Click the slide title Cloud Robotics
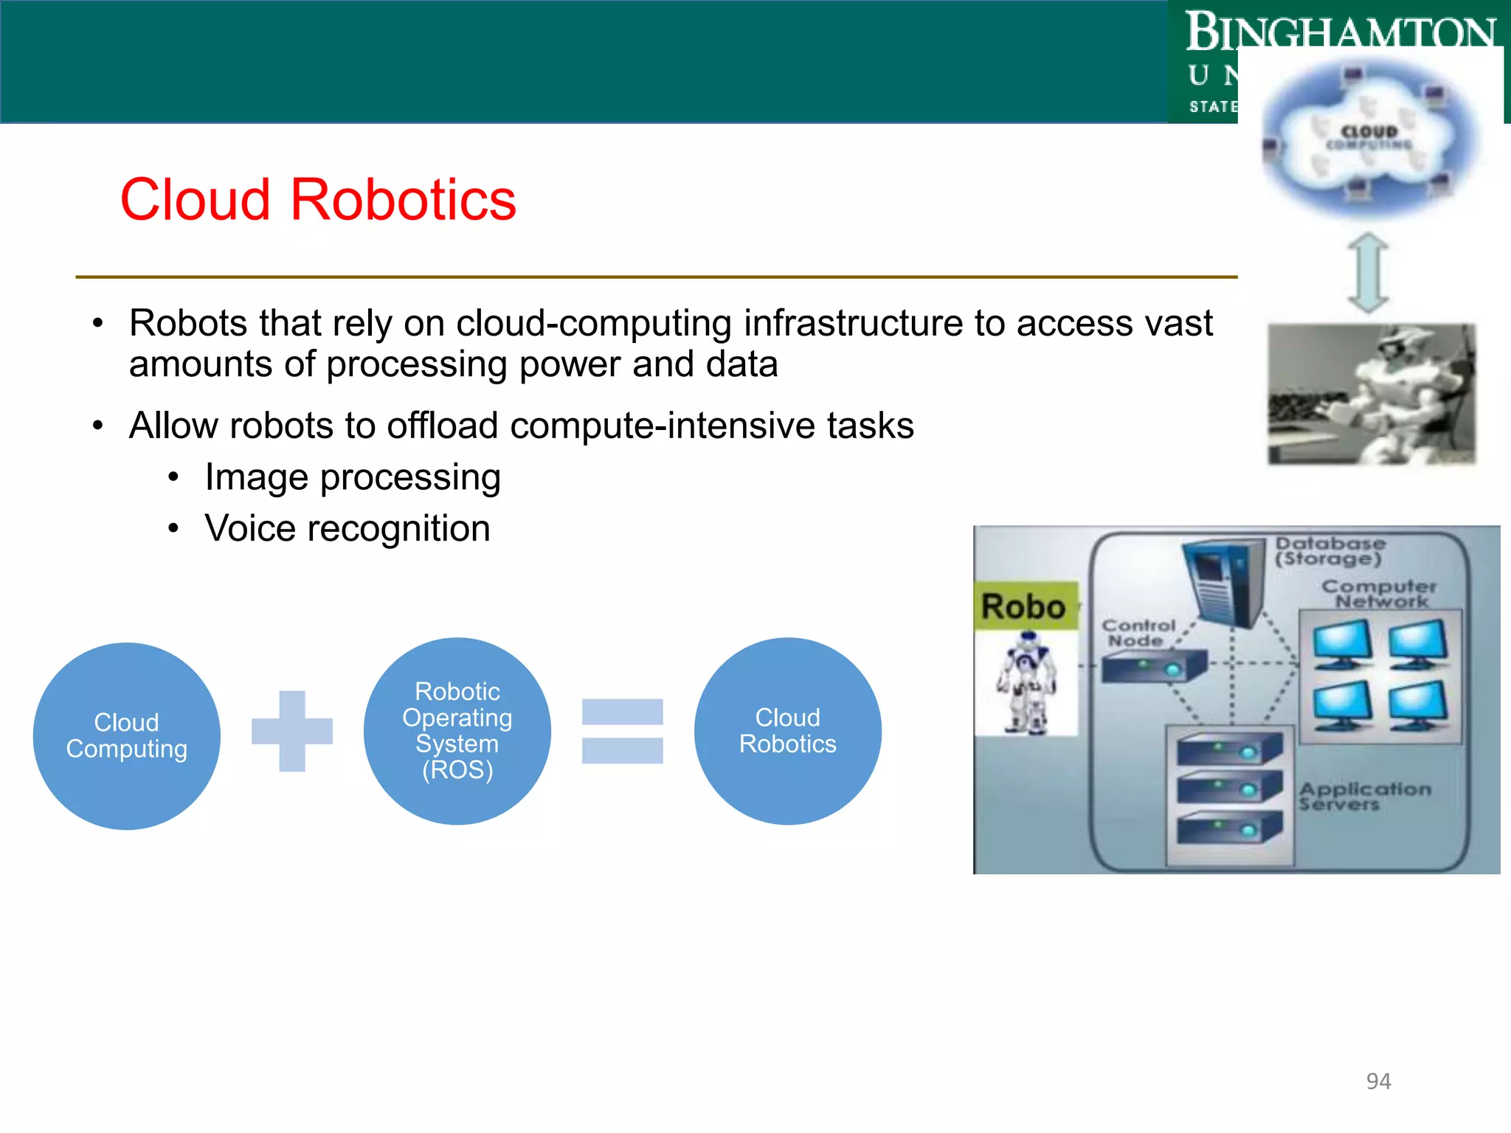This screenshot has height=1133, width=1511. (x=318, y=200)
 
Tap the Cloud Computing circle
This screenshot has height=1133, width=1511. (x=126, y=735)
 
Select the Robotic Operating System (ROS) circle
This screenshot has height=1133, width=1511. (x=457, y=730)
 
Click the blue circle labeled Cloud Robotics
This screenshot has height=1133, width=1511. (x=787, y=730)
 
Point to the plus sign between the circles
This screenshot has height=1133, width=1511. (x=292, y=731)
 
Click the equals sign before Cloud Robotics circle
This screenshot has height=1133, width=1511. (x=622, y=731)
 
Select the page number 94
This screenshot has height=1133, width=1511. (x=1377, y=1081)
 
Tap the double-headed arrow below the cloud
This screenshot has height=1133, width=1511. (x=1368, y=272)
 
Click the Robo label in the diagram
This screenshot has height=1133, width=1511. (x=1023, y=607)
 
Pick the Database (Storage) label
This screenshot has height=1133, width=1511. (x=1330, y=551)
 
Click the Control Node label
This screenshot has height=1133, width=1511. (x=1137, y=633)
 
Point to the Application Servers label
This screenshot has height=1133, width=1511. (x=1363, y=796)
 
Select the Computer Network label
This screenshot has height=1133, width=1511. (x=1378, y=594)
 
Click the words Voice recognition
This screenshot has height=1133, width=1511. (x=348, y=528)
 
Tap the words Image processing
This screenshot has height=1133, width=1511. (x=353, y=477)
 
